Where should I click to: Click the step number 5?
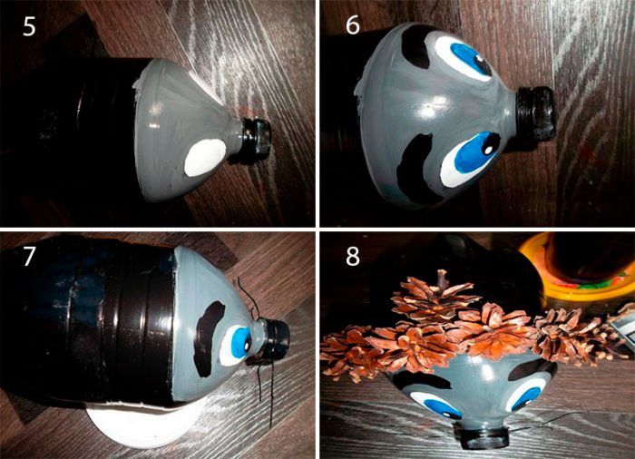(29, 26)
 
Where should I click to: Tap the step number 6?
(352, 25)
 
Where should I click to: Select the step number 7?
(28, 256)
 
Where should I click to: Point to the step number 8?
(352, 256)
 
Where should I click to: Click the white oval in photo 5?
(205, 157)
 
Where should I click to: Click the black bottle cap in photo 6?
(535, 113)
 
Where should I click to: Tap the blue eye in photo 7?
(234, 346)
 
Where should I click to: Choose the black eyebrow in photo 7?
(208, 338)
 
